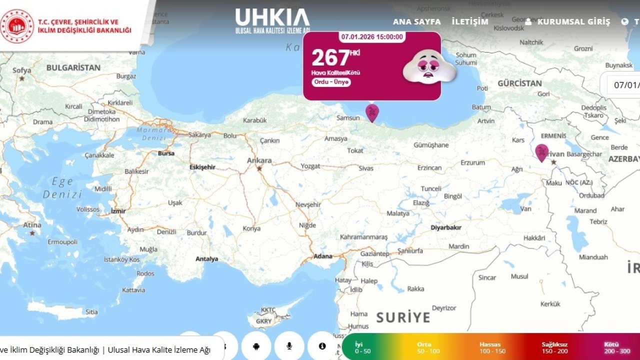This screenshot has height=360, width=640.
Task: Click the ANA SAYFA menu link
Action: coord(416,21)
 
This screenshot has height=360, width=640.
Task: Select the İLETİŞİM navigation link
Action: coord(469,21)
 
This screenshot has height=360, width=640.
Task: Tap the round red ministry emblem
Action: coord(17,25)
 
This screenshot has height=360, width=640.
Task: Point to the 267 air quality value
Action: coord(330,58)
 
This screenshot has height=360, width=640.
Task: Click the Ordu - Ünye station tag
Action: coord(331,82)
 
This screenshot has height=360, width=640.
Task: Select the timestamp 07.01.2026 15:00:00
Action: coord(372,37)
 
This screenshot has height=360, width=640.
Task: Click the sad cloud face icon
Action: coord(429,66)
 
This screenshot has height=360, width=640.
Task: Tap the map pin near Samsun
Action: coord(372,112)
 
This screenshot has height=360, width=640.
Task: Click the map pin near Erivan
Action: coord(541,151)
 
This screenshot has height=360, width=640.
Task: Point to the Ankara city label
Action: coord(259,160)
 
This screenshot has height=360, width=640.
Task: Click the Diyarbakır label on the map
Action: coord(446,227)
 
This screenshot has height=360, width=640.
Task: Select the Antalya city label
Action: coord(206,259)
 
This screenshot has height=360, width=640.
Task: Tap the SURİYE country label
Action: coord(403,317)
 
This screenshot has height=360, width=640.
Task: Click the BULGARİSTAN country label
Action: coord(73,67)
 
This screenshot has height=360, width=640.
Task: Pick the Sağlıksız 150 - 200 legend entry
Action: coord(554,347)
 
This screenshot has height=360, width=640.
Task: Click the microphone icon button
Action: coord(289,346)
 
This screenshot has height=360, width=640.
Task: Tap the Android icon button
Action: coord(256,346)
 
